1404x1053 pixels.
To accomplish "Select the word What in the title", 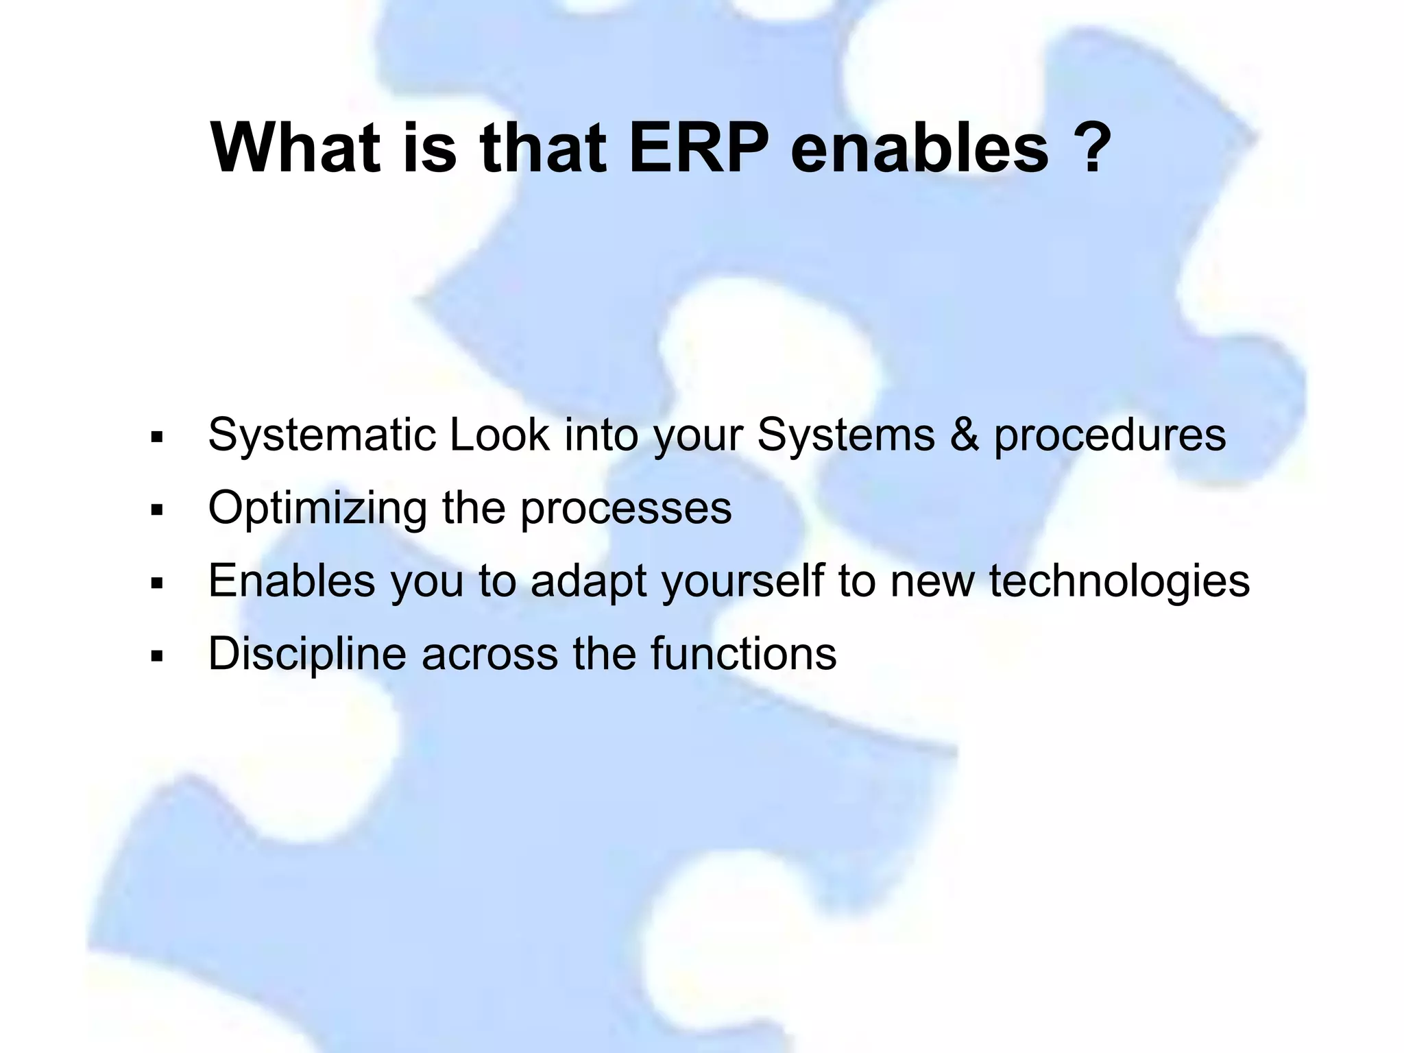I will coord(295,148).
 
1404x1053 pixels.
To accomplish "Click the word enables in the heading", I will coord(919,148).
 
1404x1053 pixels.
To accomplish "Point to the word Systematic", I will coord(322,436).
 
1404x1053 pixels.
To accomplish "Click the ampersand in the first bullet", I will coord(964,435).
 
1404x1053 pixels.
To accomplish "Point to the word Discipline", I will coord(307,654).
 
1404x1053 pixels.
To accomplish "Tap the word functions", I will coord(744,654).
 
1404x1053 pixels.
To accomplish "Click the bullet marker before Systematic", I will coord(157,437).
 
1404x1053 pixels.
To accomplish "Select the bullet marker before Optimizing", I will coord(157,511).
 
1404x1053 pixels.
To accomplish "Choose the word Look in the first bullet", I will coord(499,435).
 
